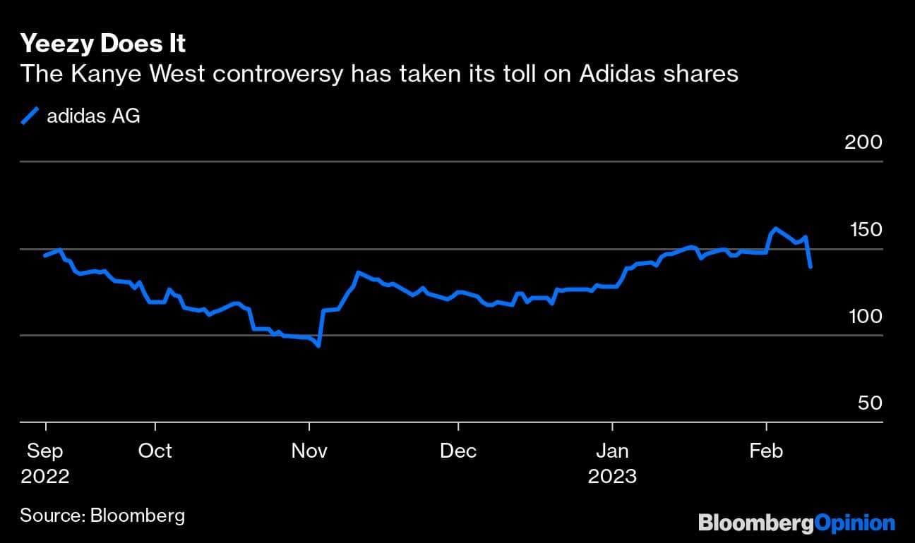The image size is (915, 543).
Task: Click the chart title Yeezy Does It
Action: (x=103, y=44)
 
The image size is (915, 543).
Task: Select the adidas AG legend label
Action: (x=93, y=116)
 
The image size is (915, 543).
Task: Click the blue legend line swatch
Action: (x=30, y=116)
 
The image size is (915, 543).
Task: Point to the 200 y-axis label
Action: (x=863, y=142)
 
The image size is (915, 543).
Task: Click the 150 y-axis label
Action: (x=863, y=229)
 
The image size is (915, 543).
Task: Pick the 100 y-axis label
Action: (x=863, y=316)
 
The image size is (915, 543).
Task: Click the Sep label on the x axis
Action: (x=45, y=451)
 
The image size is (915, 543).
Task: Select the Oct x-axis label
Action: (x=155, y=451)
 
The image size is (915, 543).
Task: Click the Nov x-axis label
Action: (x=309, y=451)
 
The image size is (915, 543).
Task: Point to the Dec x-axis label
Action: (x=458, y=451)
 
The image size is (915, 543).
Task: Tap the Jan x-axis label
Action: (x=613, y=451)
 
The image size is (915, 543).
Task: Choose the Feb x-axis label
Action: (x=766, y=451)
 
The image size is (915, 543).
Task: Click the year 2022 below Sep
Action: (x=45, y=477)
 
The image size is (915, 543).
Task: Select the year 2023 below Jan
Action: (x=613, y=477)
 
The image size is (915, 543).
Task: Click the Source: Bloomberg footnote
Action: (x=102, y=515)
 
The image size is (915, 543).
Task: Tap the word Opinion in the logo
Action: (x=854, y=523)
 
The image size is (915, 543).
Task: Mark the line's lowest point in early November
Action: (x=319, y=346)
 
